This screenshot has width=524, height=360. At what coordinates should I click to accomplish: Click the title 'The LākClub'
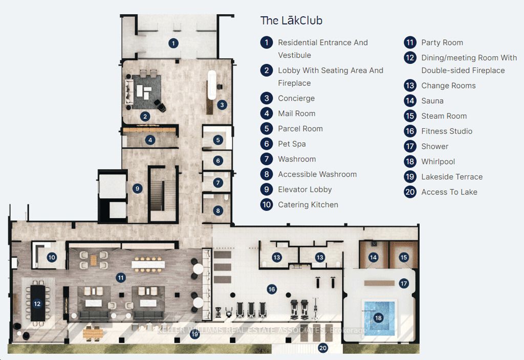[291, 21]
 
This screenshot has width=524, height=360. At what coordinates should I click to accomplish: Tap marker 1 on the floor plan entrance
[174, 43]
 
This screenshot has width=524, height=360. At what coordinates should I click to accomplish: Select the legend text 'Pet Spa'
[292, 144]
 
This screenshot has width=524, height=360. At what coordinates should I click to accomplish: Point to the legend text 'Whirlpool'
[438, 162]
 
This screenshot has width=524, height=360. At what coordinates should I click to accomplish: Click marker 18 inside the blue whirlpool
[378, 318]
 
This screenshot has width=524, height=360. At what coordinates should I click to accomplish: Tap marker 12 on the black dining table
[37, 303]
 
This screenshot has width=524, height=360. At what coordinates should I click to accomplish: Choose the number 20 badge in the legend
[410, 192]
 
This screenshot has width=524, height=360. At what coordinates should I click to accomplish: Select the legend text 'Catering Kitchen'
[308, 205]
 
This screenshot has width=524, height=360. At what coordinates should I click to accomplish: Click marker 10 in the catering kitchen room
[51, 258]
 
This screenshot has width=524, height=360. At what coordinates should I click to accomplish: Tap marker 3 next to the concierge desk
[222, 105]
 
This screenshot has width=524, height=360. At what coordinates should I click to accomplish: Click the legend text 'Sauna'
[432, 101]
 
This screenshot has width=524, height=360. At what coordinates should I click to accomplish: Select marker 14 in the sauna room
[373, 258]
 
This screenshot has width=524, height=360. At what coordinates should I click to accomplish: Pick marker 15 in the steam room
[404, 258]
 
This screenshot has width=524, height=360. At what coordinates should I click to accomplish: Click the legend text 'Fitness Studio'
[446, 131]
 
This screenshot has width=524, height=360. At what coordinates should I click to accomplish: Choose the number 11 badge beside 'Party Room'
[410, 42]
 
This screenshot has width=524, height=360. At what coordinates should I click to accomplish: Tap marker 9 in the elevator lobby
[137, 188]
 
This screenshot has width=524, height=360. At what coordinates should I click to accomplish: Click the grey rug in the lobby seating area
[144, 92]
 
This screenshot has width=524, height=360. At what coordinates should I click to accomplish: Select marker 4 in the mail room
[150, 140]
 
